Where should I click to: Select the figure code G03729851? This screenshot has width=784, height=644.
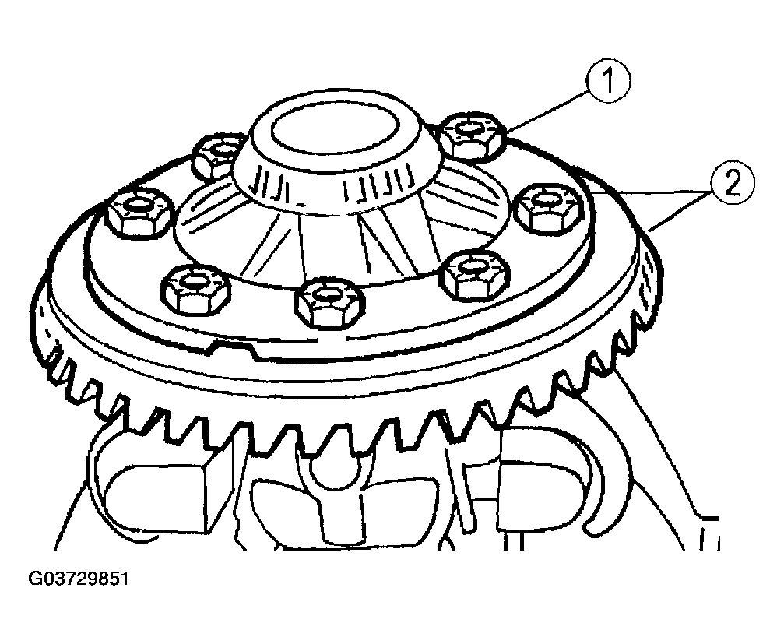coord(79,579)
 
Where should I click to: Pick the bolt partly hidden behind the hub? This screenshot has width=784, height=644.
coord(217,154)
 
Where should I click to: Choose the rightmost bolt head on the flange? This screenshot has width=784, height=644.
coord(549,207)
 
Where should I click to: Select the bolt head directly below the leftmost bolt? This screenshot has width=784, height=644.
coord(195,289)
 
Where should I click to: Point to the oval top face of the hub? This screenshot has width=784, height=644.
coord(336,130)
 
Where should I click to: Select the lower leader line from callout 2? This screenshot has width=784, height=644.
coord(680,211)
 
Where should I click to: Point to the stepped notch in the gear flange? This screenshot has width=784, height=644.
coord(234,347)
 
